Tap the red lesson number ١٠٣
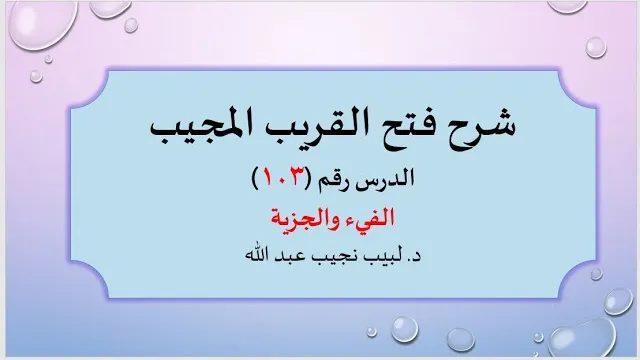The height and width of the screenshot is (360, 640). tap(282, 178)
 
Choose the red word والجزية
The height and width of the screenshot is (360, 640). tap(303, 218)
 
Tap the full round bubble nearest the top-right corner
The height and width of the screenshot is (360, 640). tap(596, 47)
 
